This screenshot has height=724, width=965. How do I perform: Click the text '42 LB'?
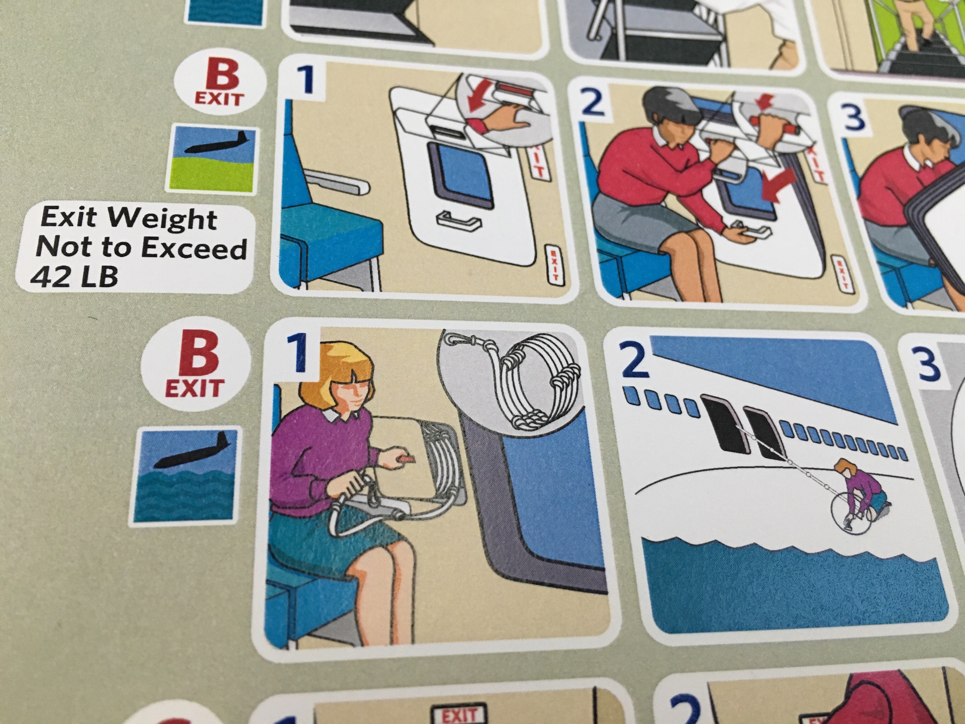point(74,276)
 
